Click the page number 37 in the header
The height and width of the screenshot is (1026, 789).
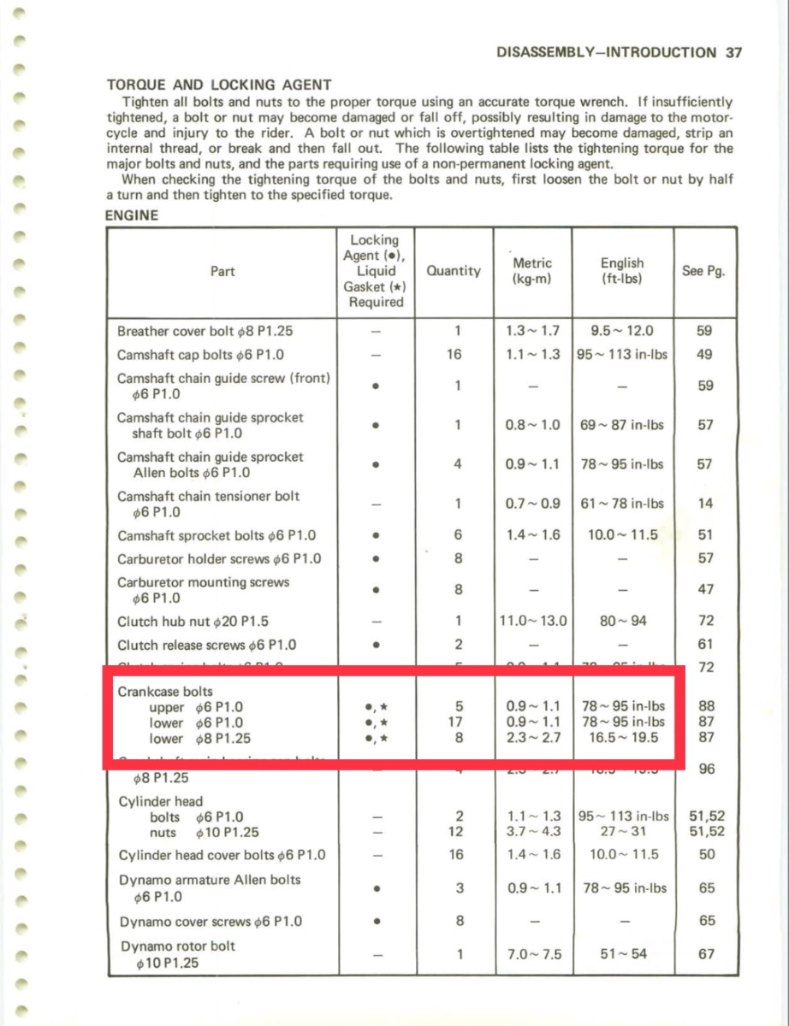point(733,52)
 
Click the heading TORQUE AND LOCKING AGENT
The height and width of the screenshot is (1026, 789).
point(218,85)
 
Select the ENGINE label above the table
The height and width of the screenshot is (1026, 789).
point(131,215)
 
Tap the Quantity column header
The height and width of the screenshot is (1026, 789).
point(453,271)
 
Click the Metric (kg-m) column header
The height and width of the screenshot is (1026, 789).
point(531,271)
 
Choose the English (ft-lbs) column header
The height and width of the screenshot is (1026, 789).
point(622,271)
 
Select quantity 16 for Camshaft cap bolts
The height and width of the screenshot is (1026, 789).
point(454,354)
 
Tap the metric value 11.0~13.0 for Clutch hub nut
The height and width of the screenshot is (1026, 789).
point(533,622)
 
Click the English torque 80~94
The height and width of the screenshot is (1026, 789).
point(622,622)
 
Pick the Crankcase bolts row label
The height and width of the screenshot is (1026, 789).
point(165,691)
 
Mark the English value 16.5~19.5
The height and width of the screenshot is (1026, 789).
point(622,738)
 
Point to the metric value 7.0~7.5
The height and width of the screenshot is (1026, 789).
point(533,954)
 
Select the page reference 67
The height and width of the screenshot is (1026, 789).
point(705,954)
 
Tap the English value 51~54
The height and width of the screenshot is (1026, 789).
point(622,954)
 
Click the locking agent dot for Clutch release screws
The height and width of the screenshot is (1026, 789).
point(376,645)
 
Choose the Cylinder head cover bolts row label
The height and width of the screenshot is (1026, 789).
point(222,855)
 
